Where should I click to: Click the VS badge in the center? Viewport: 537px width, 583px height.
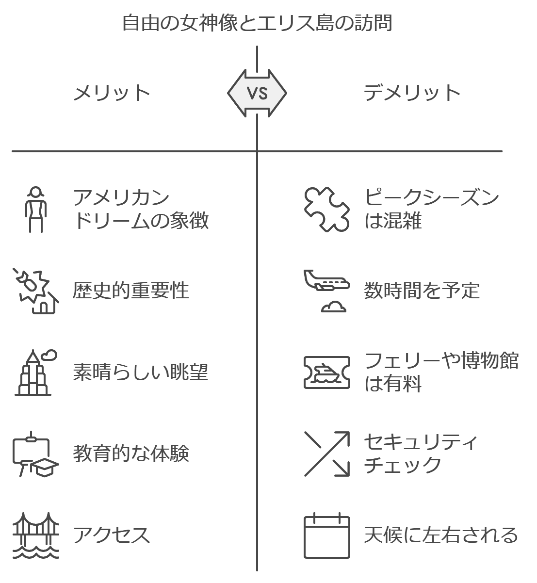257,93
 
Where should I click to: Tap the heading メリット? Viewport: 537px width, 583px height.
112,93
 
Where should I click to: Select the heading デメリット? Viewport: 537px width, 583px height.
412,93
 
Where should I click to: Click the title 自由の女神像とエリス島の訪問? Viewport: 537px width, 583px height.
257,23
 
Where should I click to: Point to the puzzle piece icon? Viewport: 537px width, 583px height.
327,209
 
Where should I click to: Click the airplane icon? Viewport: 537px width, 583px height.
327,291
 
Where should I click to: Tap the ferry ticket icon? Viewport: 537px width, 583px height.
327,372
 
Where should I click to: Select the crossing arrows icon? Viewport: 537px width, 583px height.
327,453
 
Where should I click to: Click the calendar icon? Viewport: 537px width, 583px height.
327,535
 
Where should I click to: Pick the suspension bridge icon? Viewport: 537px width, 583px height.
36,535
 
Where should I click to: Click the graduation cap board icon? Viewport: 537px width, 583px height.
36,453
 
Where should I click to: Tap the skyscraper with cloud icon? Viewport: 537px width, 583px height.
36,372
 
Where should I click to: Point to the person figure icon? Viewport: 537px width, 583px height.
36,209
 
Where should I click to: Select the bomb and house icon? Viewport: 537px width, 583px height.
36,291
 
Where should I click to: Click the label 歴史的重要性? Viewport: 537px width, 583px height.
131,291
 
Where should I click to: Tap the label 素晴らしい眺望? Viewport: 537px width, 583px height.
141,372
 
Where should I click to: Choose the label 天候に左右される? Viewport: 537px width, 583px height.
441,535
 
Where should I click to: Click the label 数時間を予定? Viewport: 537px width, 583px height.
422,291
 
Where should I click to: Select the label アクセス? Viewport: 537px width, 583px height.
112,535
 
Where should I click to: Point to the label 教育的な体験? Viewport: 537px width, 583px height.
131,453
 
